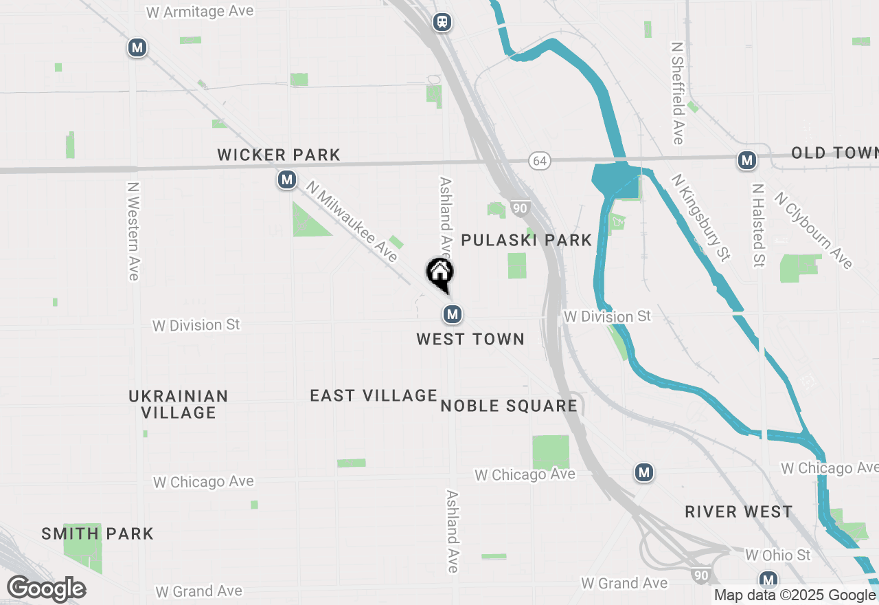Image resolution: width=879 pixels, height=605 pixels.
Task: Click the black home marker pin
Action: [439, 274]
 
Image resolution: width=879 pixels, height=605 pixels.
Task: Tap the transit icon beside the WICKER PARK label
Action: [286, 180]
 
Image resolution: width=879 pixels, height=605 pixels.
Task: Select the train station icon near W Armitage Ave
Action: [443, 22]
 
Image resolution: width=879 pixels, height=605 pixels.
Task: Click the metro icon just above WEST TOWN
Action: [452, 315]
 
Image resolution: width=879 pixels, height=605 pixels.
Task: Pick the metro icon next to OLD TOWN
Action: [746, 161]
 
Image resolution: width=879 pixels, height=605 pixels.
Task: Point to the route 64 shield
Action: [540, 161]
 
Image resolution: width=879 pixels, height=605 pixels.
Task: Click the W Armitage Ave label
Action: [200, 12]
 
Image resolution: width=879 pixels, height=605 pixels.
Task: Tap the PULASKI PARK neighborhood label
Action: [526, 240]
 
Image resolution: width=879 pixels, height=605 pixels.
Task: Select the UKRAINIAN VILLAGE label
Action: [179, 404]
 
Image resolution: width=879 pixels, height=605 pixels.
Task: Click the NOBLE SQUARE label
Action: [508, 406]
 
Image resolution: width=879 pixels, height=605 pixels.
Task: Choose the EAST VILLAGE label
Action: [373, 395]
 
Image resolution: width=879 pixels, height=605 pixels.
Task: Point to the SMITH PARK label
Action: [98, 533]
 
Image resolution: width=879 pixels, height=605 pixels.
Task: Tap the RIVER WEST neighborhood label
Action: [738, 512]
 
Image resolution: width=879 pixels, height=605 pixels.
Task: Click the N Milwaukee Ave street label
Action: [352, 221]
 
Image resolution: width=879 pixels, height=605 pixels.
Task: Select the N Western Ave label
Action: [133, 231]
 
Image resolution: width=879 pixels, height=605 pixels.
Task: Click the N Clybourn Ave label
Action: [813, 230]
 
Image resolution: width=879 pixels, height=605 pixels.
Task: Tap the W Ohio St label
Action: [777, 555]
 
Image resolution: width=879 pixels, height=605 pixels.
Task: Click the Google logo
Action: [46, 589]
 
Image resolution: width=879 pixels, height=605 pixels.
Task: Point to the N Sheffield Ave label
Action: [678, 93]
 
